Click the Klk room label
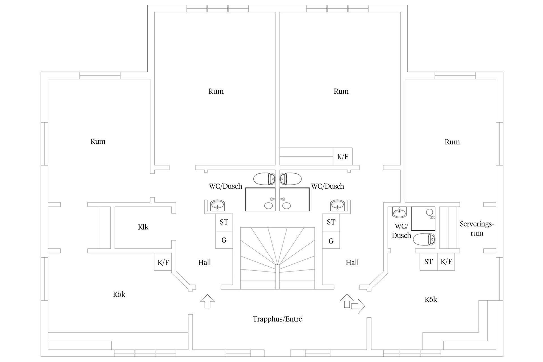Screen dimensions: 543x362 143,227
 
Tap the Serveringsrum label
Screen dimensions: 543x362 477,229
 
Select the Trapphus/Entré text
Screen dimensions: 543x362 277,319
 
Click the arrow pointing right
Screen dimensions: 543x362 358,306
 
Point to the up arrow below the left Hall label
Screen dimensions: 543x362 207,301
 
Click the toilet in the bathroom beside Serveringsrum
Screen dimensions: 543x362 424,240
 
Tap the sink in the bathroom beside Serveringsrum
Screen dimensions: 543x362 399,212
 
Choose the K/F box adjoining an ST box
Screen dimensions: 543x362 446,262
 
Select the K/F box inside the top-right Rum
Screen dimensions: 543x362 343,156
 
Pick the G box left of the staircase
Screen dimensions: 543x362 224,240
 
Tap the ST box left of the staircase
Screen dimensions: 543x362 224,223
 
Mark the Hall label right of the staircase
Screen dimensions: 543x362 352,262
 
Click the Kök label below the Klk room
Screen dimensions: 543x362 119,294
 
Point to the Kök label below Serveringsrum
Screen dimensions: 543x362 431,299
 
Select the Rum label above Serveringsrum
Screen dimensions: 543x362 452,142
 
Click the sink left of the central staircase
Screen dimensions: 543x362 217,205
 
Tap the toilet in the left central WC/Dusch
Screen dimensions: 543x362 264,179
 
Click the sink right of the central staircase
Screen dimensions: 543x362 337,205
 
